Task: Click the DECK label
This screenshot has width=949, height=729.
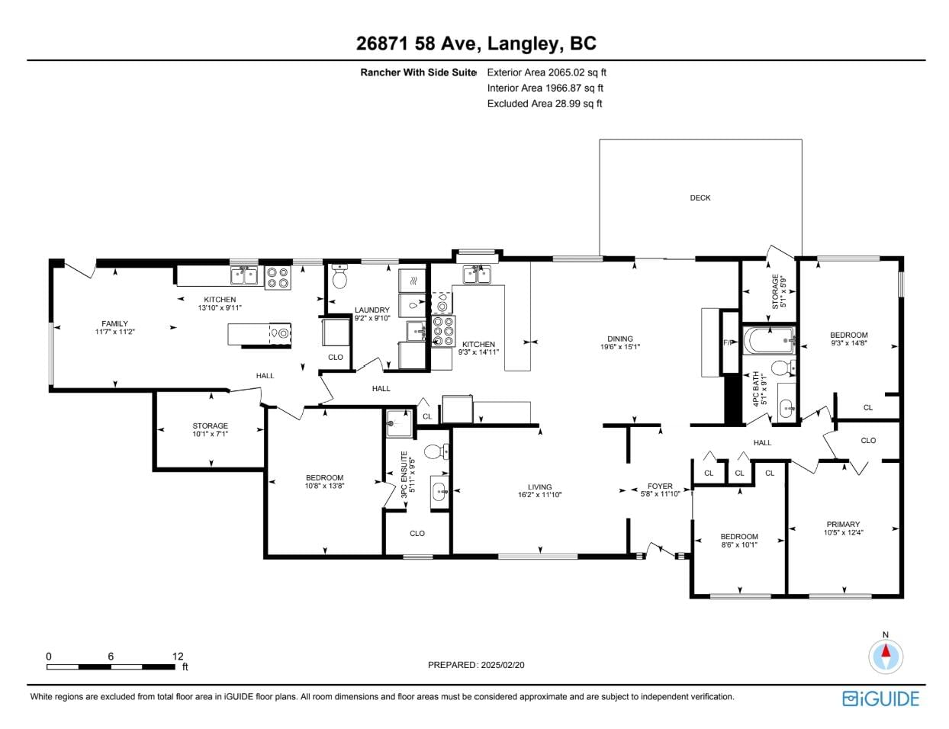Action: pos(700,198)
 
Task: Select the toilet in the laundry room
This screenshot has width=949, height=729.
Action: pos(339,276)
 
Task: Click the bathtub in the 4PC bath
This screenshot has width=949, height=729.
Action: pos(769,341)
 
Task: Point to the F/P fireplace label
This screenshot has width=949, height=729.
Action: pos(728,342)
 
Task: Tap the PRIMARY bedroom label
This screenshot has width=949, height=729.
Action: pos(843,524)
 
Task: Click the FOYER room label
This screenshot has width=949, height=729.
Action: pos(660,486)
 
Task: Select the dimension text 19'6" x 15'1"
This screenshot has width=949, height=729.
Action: pos(619,347)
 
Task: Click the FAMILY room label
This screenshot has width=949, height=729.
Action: pos(115,323)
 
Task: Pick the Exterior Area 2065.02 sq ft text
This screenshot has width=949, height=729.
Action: pos(547,72)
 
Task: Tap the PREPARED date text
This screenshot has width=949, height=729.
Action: pos(476,665)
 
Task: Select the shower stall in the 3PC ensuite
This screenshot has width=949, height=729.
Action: pos(399,423)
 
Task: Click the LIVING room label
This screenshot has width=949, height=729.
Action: pos(540,487)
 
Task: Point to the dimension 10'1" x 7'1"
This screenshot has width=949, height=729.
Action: pos(211,434)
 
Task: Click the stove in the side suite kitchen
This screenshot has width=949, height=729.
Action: pos(278,278)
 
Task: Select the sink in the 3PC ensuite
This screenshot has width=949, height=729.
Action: pos(439,492)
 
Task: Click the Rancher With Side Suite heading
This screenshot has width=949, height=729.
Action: pos(418,72)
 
